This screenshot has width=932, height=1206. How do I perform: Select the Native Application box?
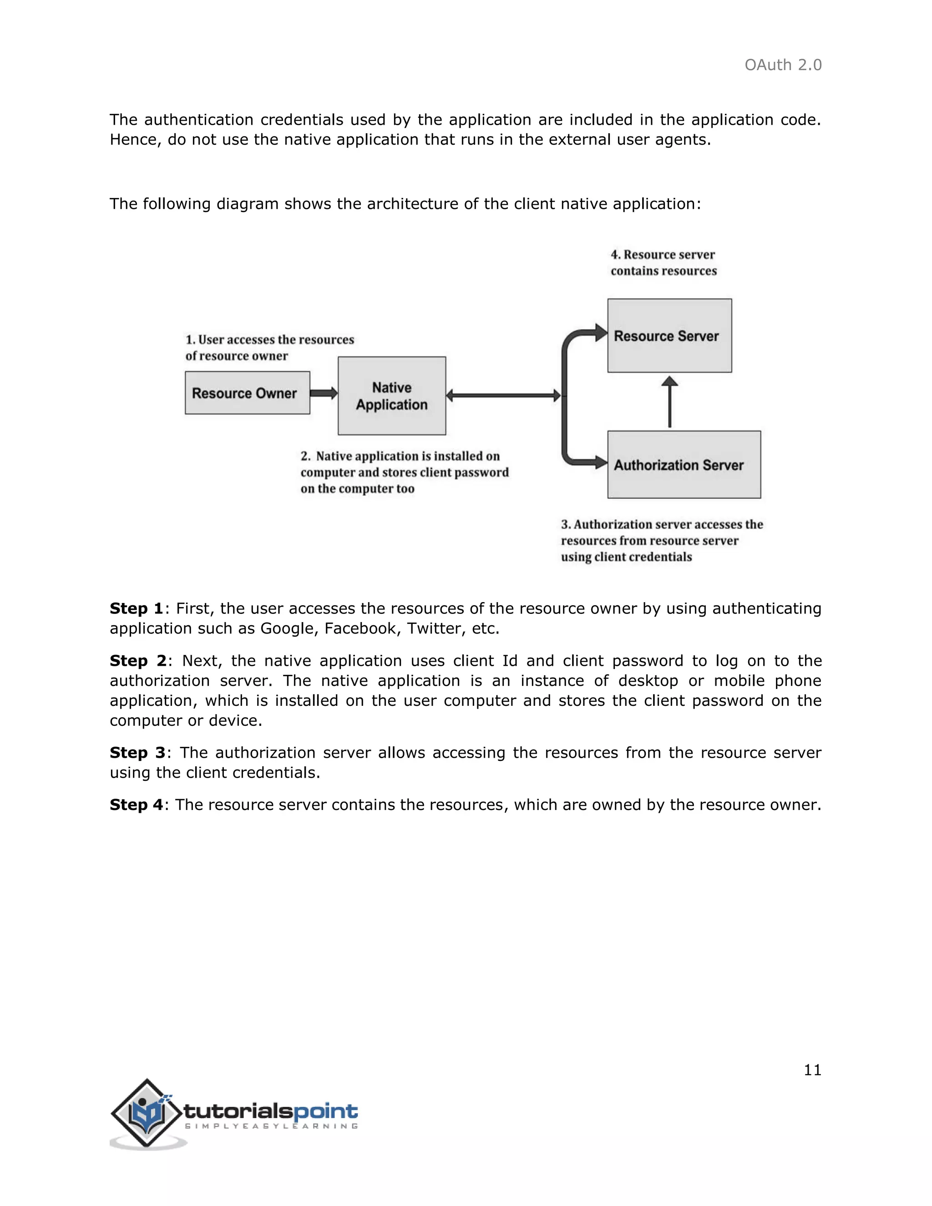[x=391, y=395]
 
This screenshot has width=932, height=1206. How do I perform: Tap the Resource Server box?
[x=669, y=335]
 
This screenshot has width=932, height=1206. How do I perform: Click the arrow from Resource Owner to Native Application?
[x=324, y=393]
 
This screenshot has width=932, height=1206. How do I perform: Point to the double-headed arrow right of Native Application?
[x=503, y=395]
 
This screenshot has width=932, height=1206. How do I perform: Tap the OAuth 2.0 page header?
[x=782, y=65]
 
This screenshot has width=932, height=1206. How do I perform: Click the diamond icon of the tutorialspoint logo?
[x=147, y=1112]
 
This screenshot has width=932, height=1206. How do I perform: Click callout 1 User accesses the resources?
[x=269, y=347]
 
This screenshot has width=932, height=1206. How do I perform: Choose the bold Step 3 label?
[x=137, y=753]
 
